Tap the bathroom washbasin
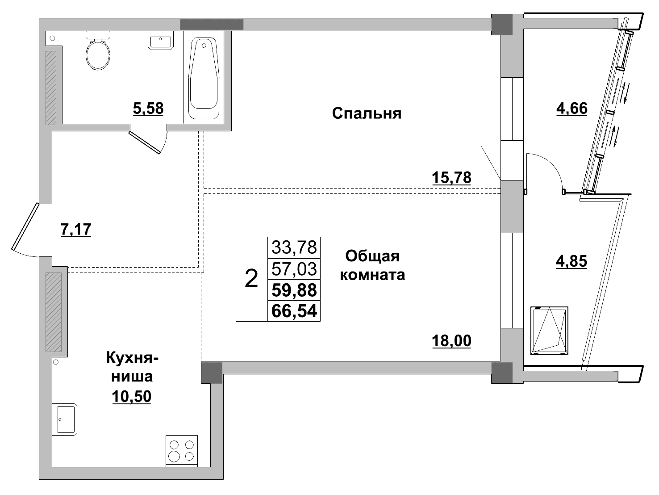(160, 41)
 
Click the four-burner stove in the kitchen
(182, 450)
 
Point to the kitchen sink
(65, 419)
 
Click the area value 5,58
(148, 108)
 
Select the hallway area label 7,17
(75, 229)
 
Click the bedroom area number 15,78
(451, 177)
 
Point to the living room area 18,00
(451, 341)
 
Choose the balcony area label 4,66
(571, 108)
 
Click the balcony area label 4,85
(571, 261)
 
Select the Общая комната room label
(372, 265)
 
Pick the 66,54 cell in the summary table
(294, 311)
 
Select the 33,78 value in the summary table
(294, 246)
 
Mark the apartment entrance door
(25, 226)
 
